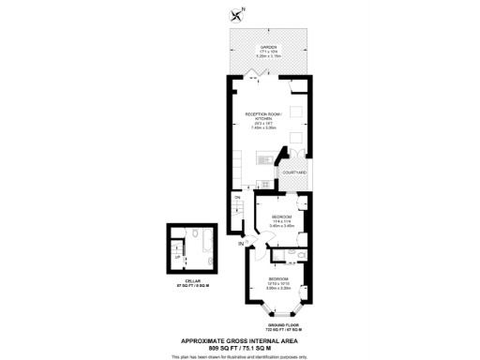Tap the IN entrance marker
241,245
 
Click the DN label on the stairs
238,198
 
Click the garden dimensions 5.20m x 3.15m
267,56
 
